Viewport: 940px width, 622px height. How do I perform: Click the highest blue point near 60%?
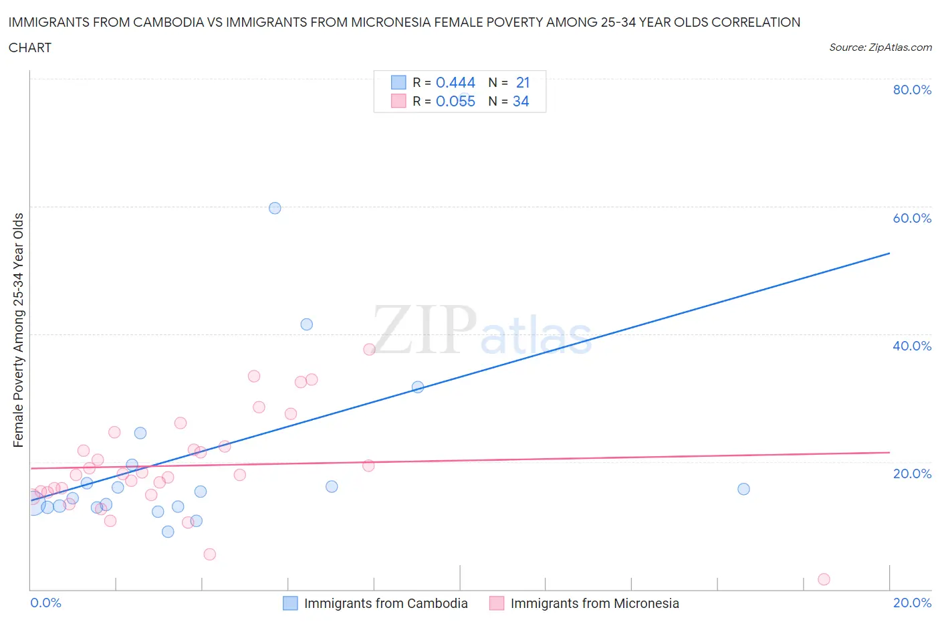pyautogui.click(x=275, y=208)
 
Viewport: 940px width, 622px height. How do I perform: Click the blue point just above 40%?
pyautogui.click(x=307, y=324)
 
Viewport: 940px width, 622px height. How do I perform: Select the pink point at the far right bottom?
pyautogui.click(x=824, y=579)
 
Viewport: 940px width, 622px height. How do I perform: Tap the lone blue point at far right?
pyautogui.click(x=743, y=489)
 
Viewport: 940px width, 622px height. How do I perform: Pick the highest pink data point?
pyautogui.click(x=369, y=349)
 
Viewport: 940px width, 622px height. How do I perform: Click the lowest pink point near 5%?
pyautogui.click(x=209, y=554)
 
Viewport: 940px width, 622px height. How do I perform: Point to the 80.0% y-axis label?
pyautogui.click(x=912, y=90)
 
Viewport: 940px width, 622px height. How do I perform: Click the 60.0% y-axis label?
pyautogui.click(x=912, y=218)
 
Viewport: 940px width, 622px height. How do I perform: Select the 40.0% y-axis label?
pyautogui.click(x=912, y=346)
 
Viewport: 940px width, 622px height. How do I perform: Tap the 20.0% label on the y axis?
pyautogui.click(x=912, y=474)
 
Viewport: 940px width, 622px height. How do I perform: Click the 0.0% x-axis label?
pyautogui.click(x=45, y=603)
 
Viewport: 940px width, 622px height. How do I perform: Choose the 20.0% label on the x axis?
pyautogui.click(x=912, y=603)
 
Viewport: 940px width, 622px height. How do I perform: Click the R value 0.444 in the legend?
pyautogui.click(x=455, y=82)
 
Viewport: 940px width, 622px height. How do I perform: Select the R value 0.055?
pyautogui.click(x=455, y=101)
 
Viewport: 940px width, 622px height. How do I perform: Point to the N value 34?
pyautogui.click(x=521, y=101)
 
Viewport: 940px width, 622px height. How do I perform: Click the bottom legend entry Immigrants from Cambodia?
pyautogui.click(x=386, y=603)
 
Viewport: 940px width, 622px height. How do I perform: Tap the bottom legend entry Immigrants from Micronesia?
pyautogui.click(x=594, y=603)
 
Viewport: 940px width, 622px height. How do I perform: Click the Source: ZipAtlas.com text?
pyautogui.click(x=880, y=47)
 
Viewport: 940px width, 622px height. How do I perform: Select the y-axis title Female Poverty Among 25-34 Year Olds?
pyautogui.click(x=19, y=330)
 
